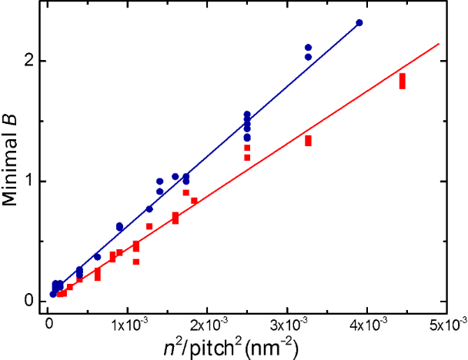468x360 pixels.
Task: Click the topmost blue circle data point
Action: tap(359, 23)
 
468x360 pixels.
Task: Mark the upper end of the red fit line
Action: tap(439, 44)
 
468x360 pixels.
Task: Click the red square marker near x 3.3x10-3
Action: tap(308, 141)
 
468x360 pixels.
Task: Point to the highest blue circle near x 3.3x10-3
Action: tap(309, 48)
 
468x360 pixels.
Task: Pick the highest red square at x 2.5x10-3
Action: tap(247, 148)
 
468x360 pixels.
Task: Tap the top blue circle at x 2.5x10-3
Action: tap(247, 115)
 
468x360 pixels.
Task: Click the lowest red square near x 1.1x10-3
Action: tap(136, 262)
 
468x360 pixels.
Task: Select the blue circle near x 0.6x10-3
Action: tap(97, 257)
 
